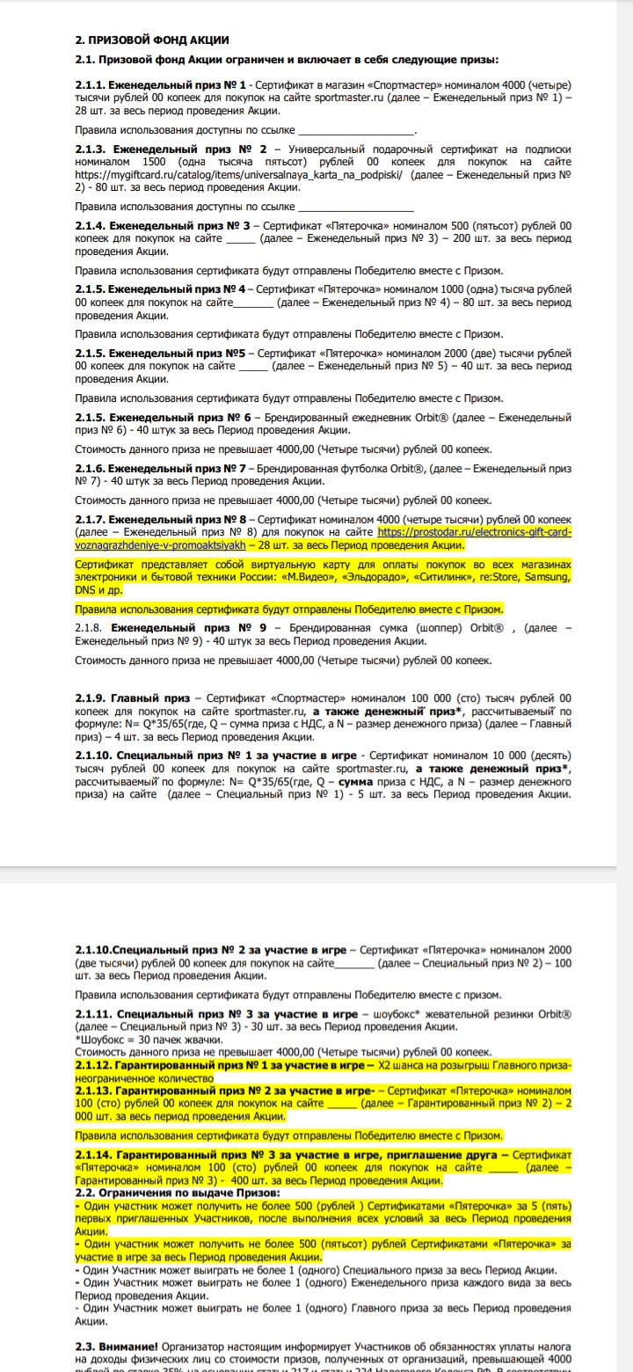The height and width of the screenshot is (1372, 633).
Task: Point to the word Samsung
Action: pyautogui.click(x=544, y=577)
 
